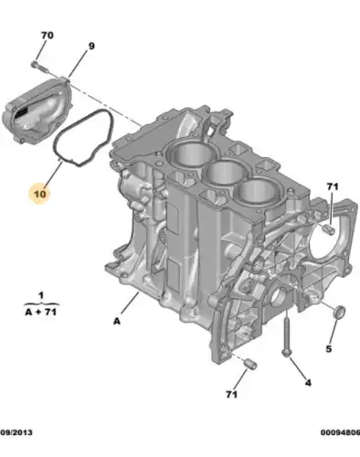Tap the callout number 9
tap(90, 45)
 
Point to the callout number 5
tap(329, 348)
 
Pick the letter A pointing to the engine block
tap(117, 321)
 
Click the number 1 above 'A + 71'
tap(39, 295)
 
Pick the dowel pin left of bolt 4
tap(249, 366)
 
